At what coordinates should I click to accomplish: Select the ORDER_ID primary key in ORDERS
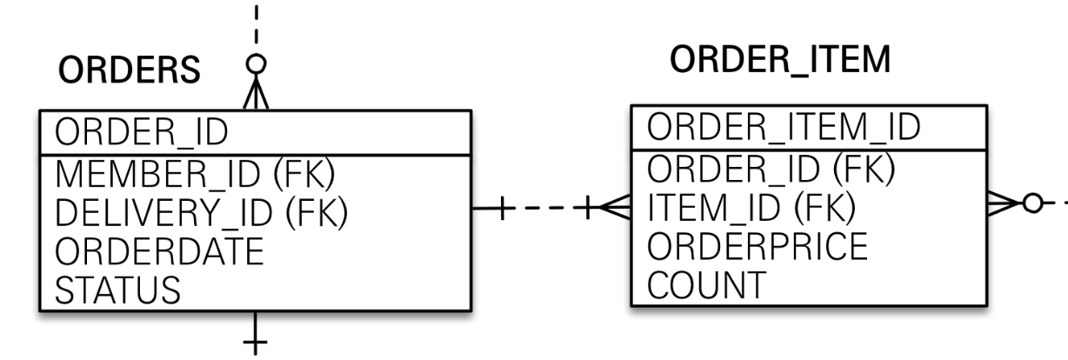141,133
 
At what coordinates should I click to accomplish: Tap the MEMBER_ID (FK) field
196,174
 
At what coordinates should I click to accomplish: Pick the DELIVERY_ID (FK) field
202,212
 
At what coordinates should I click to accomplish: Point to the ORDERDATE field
158,250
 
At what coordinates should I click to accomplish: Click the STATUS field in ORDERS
119,289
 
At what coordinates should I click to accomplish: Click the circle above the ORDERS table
256,63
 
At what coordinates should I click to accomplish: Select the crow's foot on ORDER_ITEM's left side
614,207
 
